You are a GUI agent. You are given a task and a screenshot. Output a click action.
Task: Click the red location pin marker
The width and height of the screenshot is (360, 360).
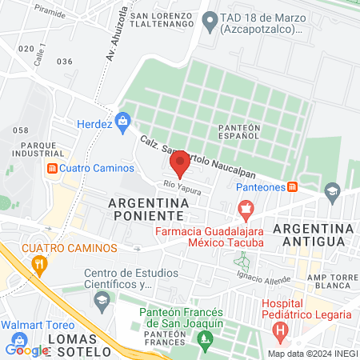tap(180, 163)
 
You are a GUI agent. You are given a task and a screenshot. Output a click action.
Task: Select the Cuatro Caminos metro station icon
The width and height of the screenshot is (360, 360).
tap(53, 168)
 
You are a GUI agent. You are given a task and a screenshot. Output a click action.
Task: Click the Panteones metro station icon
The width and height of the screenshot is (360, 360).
tap(293, 186)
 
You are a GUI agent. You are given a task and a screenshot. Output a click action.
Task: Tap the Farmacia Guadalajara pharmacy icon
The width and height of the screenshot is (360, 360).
tap(246, 211)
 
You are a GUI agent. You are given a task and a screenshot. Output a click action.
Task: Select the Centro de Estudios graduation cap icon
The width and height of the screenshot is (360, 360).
tap(102, 300)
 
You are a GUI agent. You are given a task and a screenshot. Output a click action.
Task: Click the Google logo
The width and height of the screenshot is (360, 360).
tap(26, 350)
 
